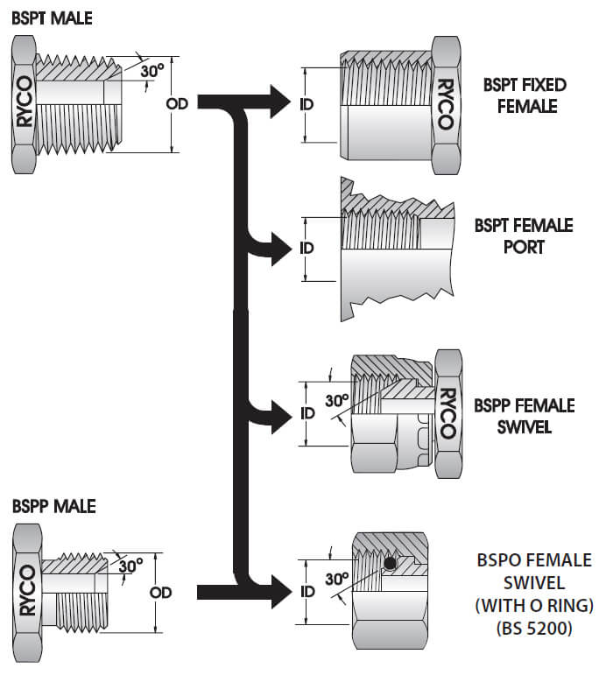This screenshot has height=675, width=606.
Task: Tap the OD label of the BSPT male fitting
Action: click(176, 103)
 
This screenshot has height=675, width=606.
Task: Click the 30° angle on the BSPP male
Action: click(130, 566)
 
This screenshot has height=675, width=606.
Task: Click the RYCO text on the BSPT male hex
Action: click(24, 102)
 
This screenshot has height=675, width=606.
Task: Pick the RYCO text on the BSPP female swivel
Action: click(447, 412)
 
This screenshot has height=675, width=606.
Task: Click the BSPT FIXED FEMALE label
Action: click(525, 95)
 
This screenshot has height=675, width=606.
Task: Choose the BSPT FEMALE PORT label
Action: click(523, 236)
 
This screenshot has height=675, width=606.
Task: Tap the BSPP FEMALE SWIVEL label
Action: click(524, 417)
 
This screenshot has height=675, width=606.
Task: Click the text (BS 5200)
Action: click(522, 626)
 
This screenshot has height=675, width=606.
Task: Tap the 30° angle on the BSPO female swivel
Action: click(337, 580)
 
